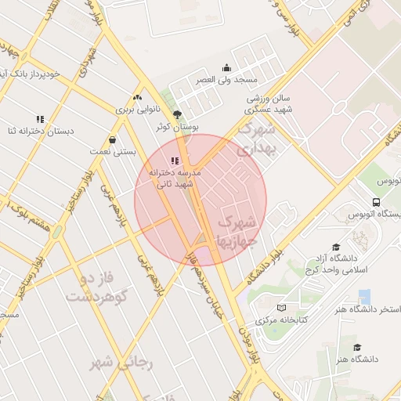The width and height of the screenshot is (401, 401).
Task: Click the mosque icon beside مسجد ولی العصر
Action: tap(227, 68)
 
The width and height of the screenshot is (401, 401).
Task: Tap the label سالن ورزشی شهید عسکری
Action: tap(269, 105)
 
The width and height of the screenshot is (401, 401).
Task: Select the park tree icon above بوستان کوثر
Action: tap(177, 114)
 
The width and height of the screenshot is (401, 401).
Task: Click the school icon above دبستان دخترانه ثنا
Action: tap(39, 119)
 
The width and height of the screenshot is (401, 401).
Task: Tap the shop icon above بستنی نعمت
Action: tap(113, 140)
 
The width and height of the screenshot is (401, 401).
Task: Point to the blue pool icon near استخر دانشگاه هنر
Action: tap(364, 297)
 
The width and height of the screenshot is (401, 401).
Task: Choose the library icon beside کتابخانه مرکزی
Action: tap(281, 308)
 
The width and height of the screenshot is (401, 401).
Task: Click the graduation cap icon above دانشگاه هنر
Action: tap(357, 347)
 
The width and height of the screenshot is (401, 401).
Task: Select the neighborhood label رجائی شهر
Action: tap(121, 363)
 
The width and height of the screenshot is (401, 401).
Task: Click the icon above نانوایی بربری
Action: tap(138, 98)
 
